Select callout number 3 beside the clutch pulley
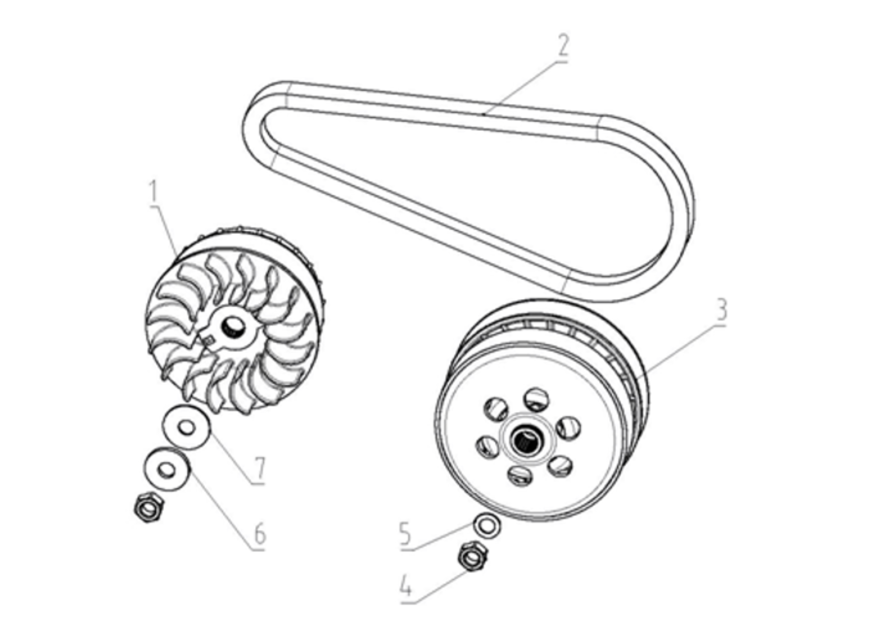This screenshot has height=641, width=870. (x=721, y=310)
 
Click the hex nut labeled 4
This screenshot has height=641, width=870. (x=473, y=556)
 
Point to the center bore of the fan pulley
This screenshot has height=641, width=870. (x=234, y=326)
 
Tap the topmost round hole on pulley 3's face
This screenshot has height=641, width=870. (x=537, y=400)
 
